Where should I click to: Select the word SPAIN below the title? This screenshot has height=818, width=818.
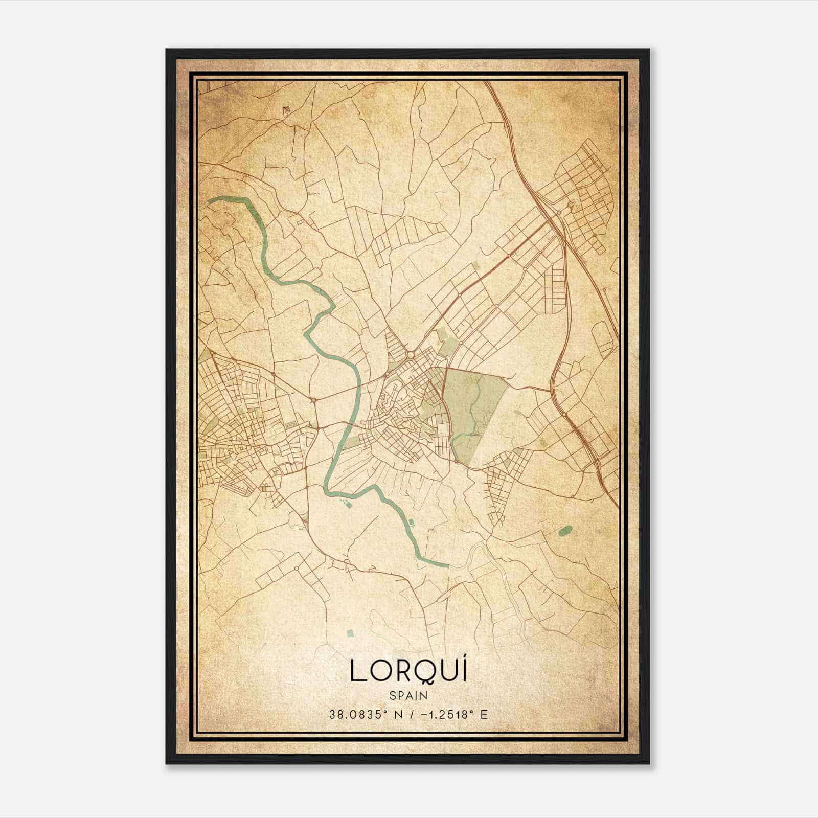(408, 696)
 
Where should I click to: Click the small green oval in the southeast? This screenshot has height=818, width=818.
(565, 531)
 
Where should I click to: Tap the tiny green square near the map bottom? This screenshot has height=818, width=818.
(350, 633)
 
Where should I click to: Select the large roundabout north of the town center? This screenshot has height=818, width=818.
(411, 354)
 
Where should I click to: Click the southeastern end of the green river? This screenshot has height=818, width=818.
(447, 566)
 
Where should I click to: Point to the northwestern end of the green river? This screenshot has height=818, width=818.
(210, 201)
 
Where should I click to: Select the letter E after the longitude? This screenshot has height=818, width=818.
(484, 715)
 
